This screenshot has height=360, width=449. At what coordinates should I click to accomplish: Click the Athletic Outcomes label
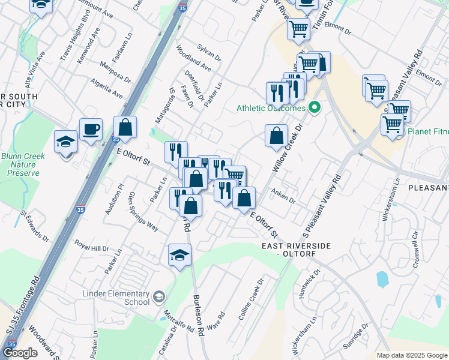tap(270, 109)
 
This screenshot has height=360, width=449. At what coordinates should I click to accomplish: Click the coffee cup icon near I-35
tap(91, 129)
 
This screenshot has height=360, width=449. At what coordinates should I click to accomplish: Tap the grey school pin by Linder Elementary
tap(158, 296)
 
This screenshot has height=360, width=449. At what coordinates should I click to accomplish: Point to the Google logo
tap(20, 353)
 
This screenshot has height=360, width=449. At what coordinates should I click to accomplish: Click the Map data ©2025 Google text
tap(411, 355)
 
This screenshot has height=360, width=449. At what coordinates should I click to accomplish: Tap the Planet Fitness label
tap(429, 132)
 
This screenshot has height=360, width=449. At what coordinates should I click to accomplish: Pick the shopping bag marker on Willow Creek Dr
tap(276, 136)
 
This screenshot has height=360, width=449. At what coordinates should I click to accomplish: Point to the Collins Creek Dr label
tap(251, 298)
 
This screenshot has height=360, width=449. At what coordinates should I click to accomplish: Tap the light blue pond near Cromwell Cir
tap(382, 279)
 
